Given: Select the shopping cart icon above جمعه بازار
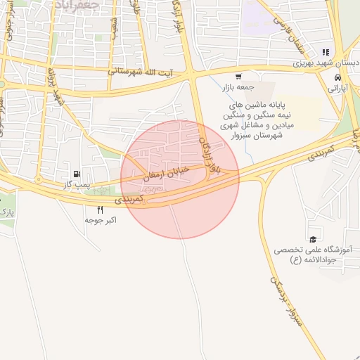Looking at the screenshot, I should click(x=239, y=76).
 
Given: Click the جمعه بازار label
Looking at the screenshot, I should click(x=237, y=87).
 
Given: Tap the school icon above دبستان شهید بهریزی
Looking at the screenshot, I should click(x=325, y=51).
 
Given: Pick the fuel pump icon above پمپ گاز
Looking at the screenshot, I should click(x=76, y=174).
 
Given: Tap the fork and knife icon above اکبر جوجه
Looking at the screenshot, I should click(x=100, y=210).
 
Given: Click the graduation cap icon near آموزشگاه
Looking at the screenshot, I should click(x=312, y=239).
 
